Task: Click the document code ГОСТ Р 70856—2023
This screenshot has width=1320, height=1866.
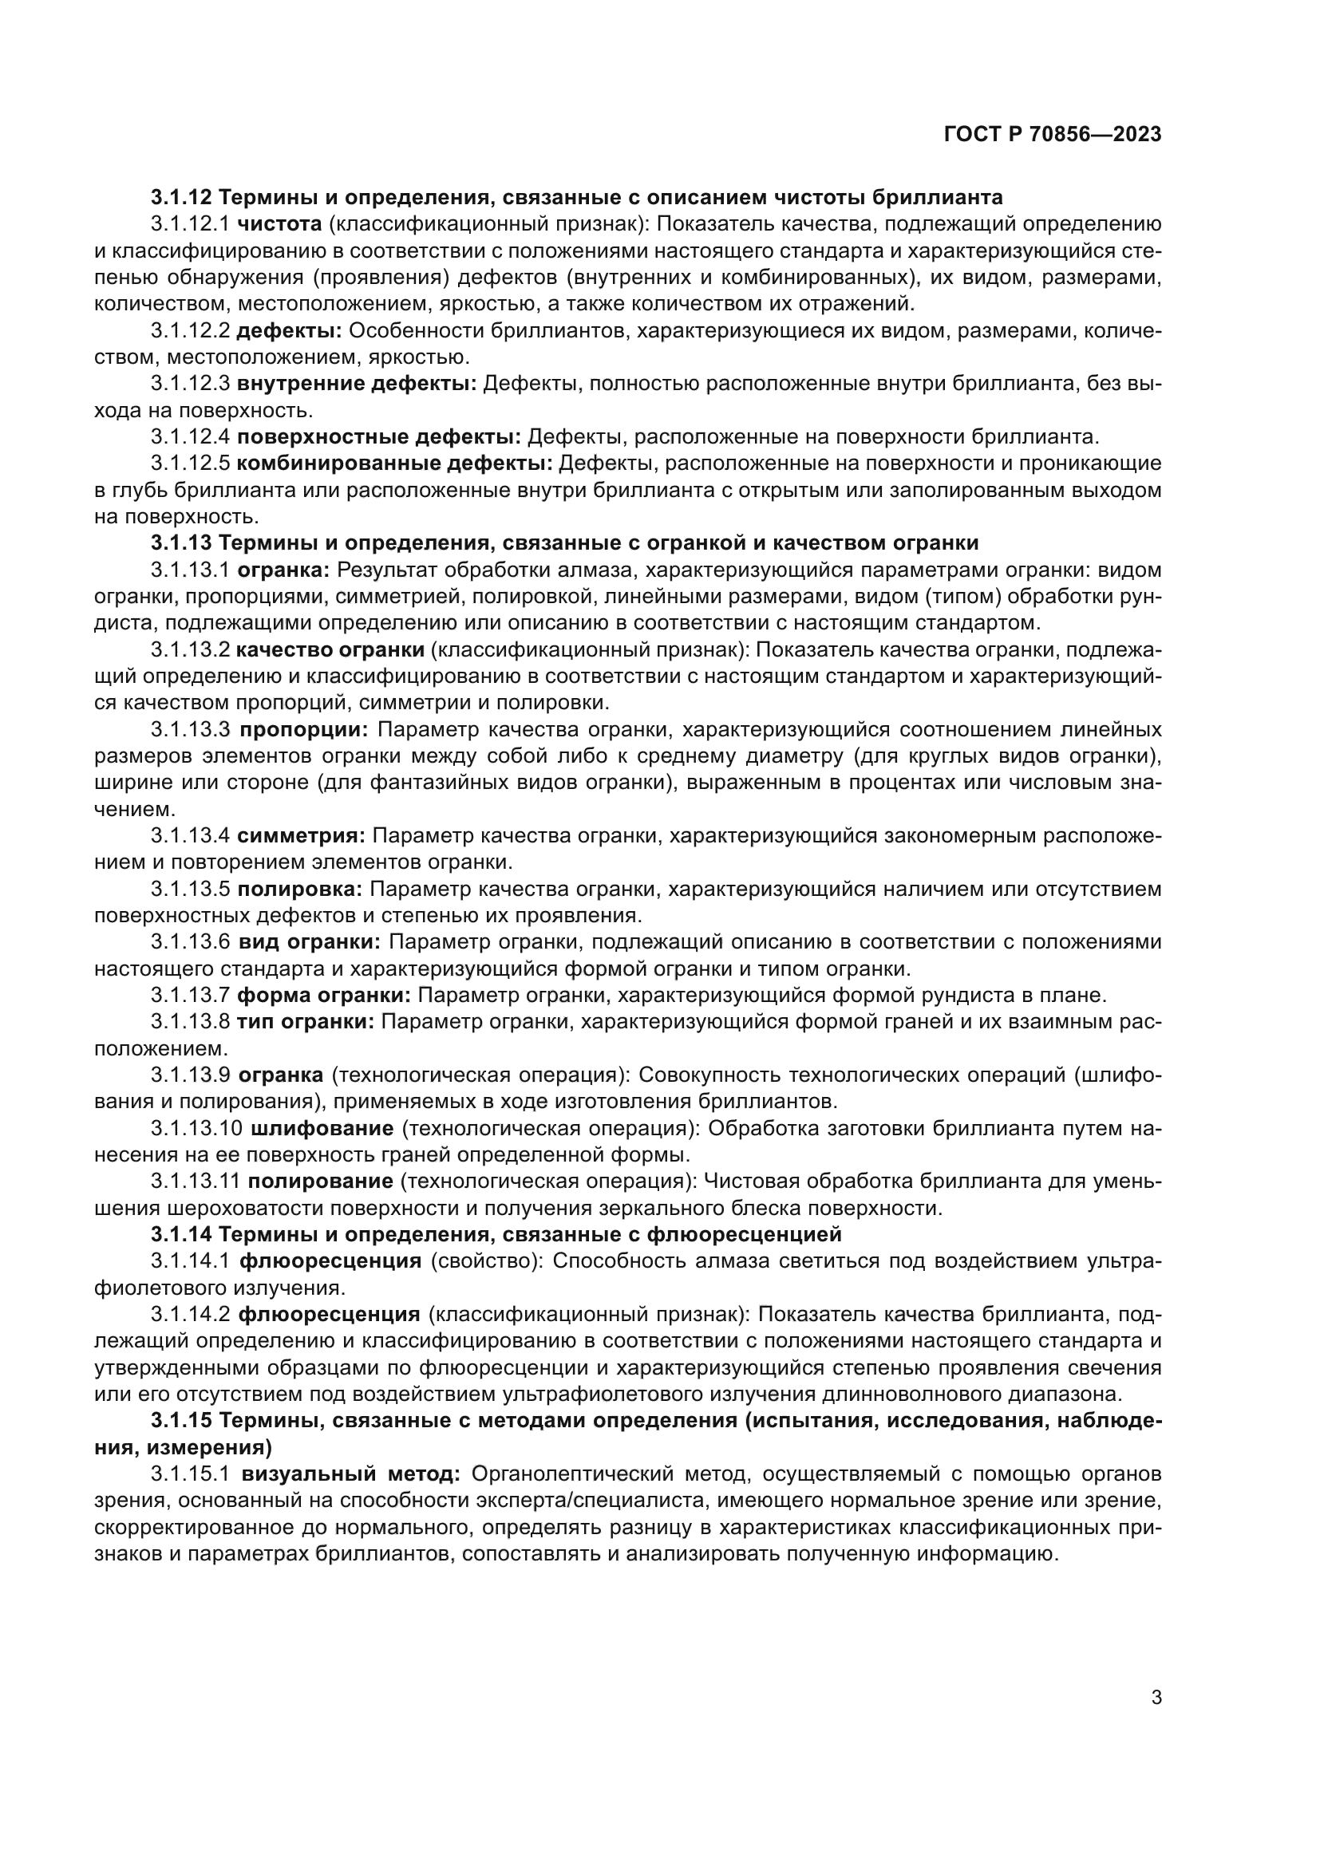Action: click(1053, 135)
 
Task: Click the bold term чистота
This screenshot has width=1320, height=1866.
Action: click(279, 224)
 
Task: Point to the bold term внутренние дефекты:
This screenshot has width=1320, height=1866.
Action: click(357, 384)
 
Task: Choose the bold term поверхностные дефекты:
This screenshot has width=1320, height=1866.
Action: click(379, 437)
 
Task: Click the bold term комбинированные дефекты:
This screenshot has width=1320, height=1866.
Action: click(394, 464)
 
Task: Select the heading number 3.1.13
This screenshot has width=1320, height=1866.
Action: click(181, 543)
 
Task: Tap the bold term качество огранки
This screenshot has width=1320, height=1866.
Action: click(330, 649)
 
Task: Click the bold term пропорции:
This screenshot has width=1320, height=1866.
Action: click(304, 729)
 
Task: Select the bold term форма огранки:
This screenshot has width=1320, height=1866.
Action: click(323, 996)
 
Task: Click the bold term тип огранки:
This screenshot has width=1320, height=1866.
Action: click(305, 1022)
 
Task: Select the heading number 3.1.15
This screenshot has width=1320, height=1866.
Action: click(181, 1421)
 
